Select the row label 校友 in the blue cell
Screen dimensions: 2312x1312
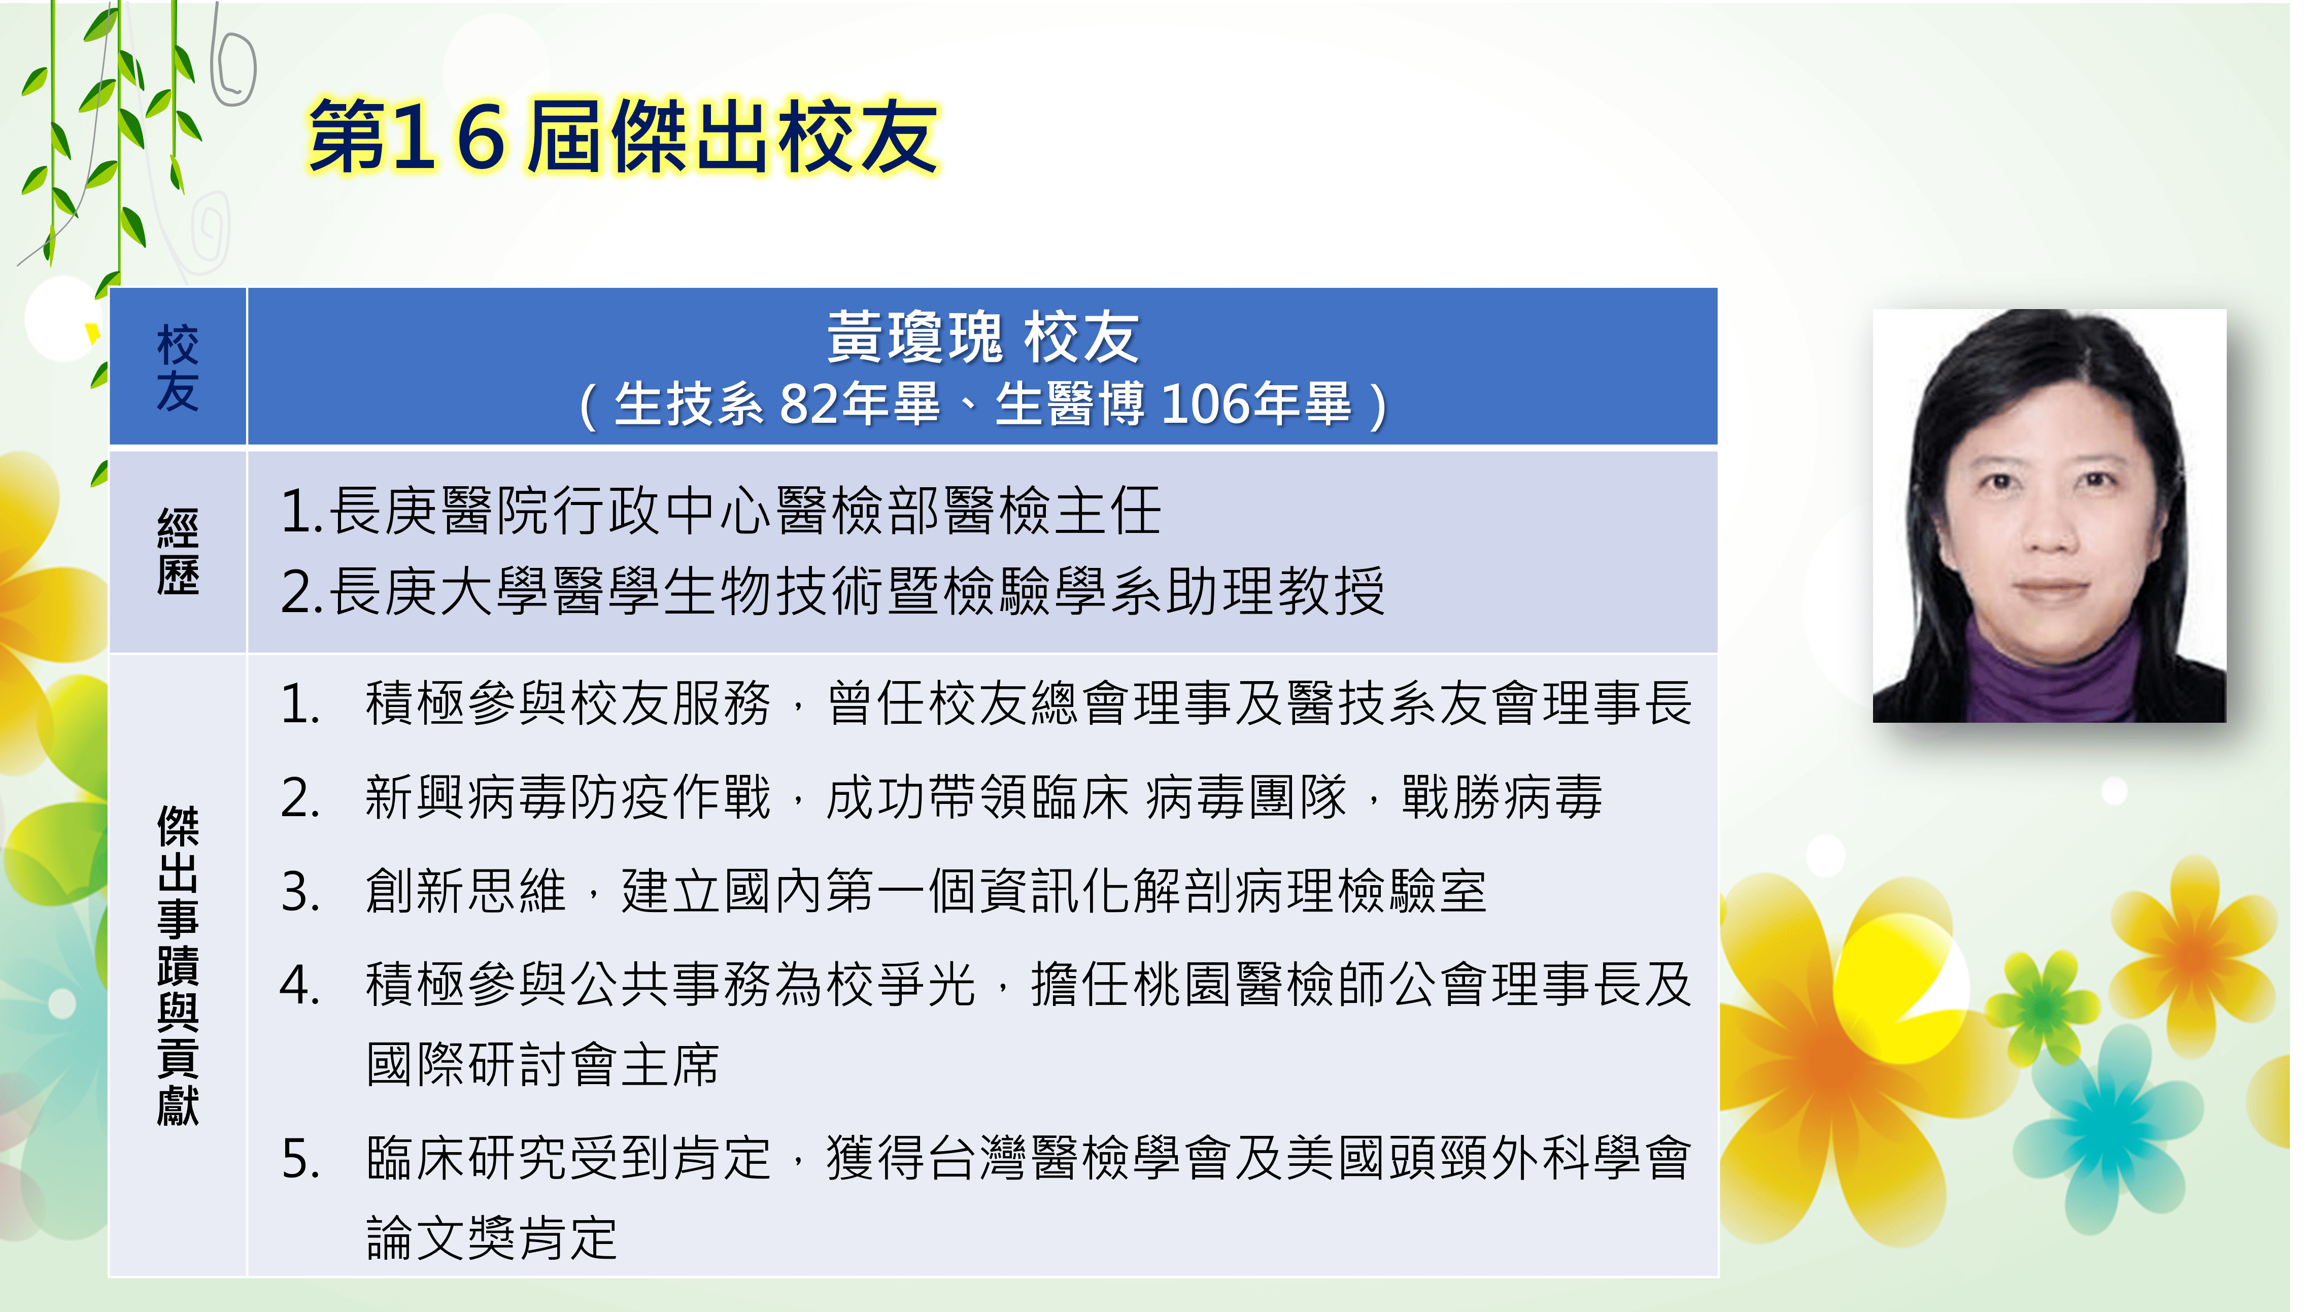tap(178, 367)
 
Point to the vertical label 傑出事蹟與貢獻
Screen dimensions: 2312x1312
tap(178, 965)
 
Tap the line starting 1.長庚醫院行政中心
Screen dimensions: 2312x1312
tap(721, 511)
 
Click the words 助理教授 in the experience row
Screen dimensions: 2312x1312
tap(1275, 591)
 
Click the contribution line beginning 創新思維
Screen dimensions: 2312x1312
tap(926, 891)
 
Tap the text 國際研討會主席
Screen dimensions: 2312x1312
tap(543, 1064)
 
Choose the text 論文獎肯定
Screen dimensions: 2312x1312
tap(492, 1237)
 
